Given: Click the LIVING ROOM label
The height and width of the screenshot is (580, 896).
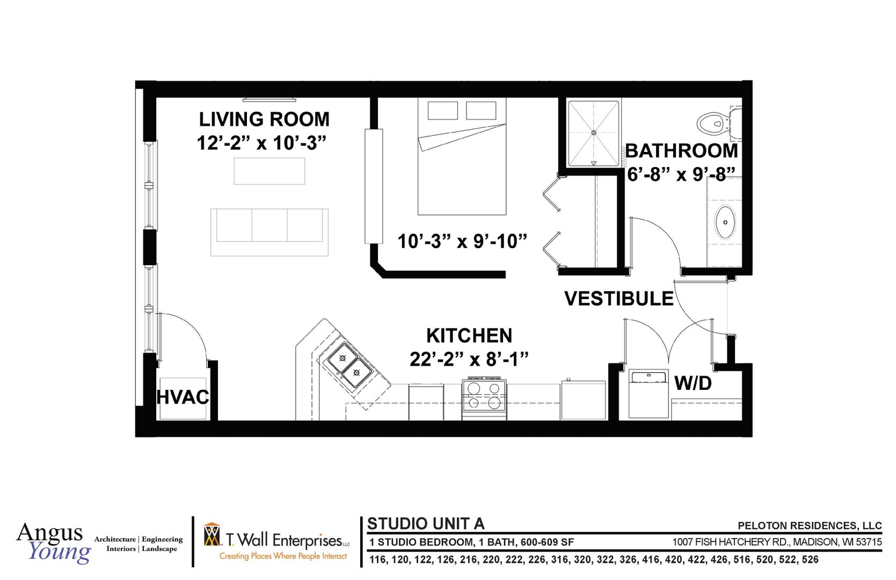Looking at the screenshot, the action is click(x=264, y=119).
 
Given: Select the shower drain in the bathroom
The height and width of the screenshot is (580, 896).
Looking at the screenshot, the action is click(x=594, y=133).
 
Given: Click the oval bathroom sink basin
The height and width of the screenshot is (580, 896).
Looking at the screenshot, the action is click(x=725, y=222).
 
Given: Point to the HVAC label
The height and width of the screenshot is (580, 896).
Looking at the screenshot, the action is click(x=183, y=397).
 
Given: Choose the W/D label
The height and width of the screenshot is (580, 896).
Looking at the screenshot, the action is click(x=693, y=383).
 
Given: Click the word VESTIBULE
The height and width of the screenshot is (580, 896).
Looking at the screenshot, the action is click(x=618, y=299).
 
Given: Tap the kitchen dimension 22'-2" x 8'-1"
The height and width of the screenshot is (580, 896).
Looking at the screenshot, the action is click(x=469, y=359).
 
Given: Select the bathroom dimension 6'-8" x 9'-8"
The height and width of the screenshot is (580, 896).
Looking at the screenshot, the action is click(x=681, y=174).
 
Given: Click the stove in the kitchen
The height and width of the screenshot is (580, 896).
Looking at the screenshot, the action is click(x=484, y=398).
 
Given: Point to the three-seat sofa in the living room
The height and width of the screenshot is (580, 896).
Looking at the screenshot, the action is click(x=269, y=232).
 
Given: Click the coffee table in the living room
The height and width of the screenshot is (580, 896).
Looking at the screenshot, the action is click(x=269, y=171).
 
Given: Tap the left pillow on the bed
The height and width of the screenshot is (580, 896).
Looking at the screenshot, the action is click(x=442, y=111).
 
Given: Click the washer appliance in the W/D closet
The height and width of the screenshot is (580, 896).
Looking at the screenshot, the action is click(x=649, y=394).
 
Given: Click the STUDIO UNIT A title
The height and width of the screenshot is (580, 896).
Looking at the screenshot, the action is click(x=426, y=524).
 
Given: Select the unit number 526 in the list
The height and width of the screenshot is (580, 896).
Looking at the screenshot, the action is click(x=810, y=560).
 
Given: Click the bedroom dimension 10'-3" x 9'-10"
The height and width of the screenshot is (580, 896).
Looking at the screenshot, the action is click(x=462, y=241).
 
